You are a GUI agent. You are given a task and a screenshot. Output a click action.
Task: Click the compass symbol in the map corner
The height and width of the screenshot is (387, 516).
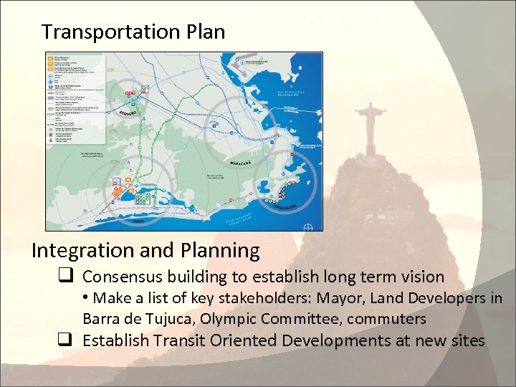point(309,226)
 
